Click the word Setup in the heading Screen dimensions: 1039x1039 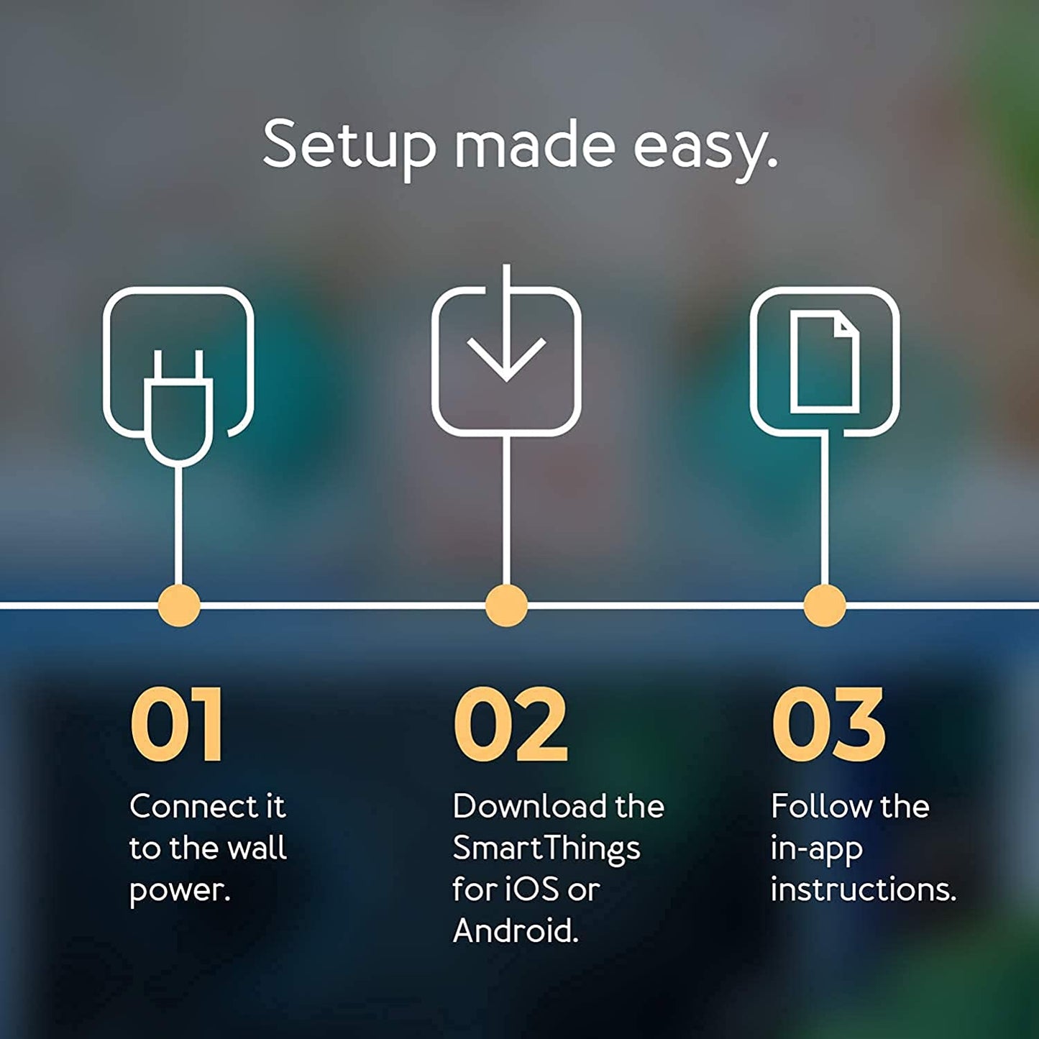[x=349, y=146]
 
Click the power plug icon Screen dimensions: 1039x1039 [x=178, y=406]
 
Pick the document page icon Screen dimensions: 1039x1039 [x=825, y=362]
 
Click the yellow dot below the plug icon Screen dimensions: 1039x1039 [x=178, y=605]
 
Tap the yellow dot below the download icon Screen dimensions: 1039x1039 [x=506, y=605]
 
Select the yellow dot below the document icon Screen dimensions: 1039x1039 [x=824, y=605]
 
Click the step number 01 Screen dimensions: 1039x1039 [x=177, y=725]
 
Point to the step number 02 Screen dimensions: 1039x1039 [x=511, y=725]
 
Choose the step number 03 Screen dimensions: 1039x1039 [x=828, y=725]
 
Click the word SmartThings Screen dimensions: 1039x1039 [x=546, y=849]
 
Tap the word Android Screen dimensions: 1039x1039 [x=515, y=932]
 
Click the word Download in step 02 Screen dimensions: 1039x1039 [x=529, y=807]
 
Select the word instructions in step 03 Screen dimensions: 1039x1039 [x=863, y=890]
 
